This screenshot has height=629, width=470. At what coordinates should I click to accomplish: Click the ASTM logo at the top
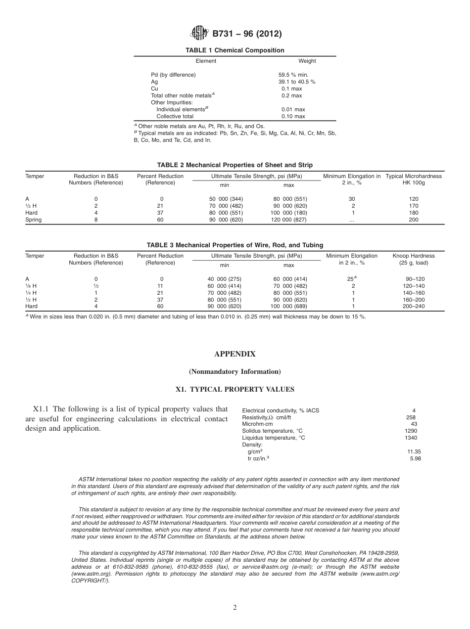click(199, 34)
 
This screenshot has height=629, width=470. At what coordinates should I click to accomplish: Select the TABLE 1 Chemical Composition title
click(235, 50)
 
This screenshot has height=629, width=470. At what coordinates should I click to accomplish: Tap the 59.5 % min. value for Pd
click(293, 75)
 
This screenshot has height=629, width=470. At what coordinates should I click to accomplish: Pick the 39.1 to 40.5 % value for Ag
click(297, 82)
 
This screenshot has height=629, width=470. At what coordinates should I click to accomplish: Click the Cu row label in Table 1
click(154, 89)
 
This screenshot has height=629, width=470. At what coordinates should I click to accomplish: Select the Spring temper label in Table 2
click(34, 220)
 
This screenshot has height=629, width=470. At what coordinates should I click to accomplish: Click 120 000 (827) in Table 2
click(288, 220)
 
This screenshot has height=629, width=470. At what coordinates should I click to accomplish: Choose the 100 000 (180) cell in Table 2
click(288, 213)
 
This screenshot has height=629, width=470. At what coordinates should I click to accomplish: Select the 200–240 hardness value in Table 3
click(415, 306)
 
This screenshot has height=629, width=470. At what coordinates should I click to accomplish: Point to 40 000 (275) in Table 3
click(224, 279)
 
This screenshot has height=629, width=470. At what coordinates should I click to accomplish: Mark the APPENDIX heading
click(235, 354)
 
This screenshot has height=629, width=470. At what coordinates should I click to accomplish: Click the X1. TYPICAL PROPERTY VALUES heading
click(235, 389)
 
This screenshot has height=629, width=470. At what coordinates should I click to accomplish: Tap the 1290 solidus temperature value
click(411, 431)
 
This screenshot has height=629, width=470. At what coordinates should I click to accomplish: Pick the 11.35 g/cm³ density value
click(414, 451)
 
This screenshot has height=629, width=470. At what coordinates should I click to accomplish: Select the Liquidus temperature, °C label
click(274, 438)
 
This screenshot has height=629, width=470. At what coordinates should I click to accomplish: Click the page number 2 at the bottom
click(235, 607)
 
